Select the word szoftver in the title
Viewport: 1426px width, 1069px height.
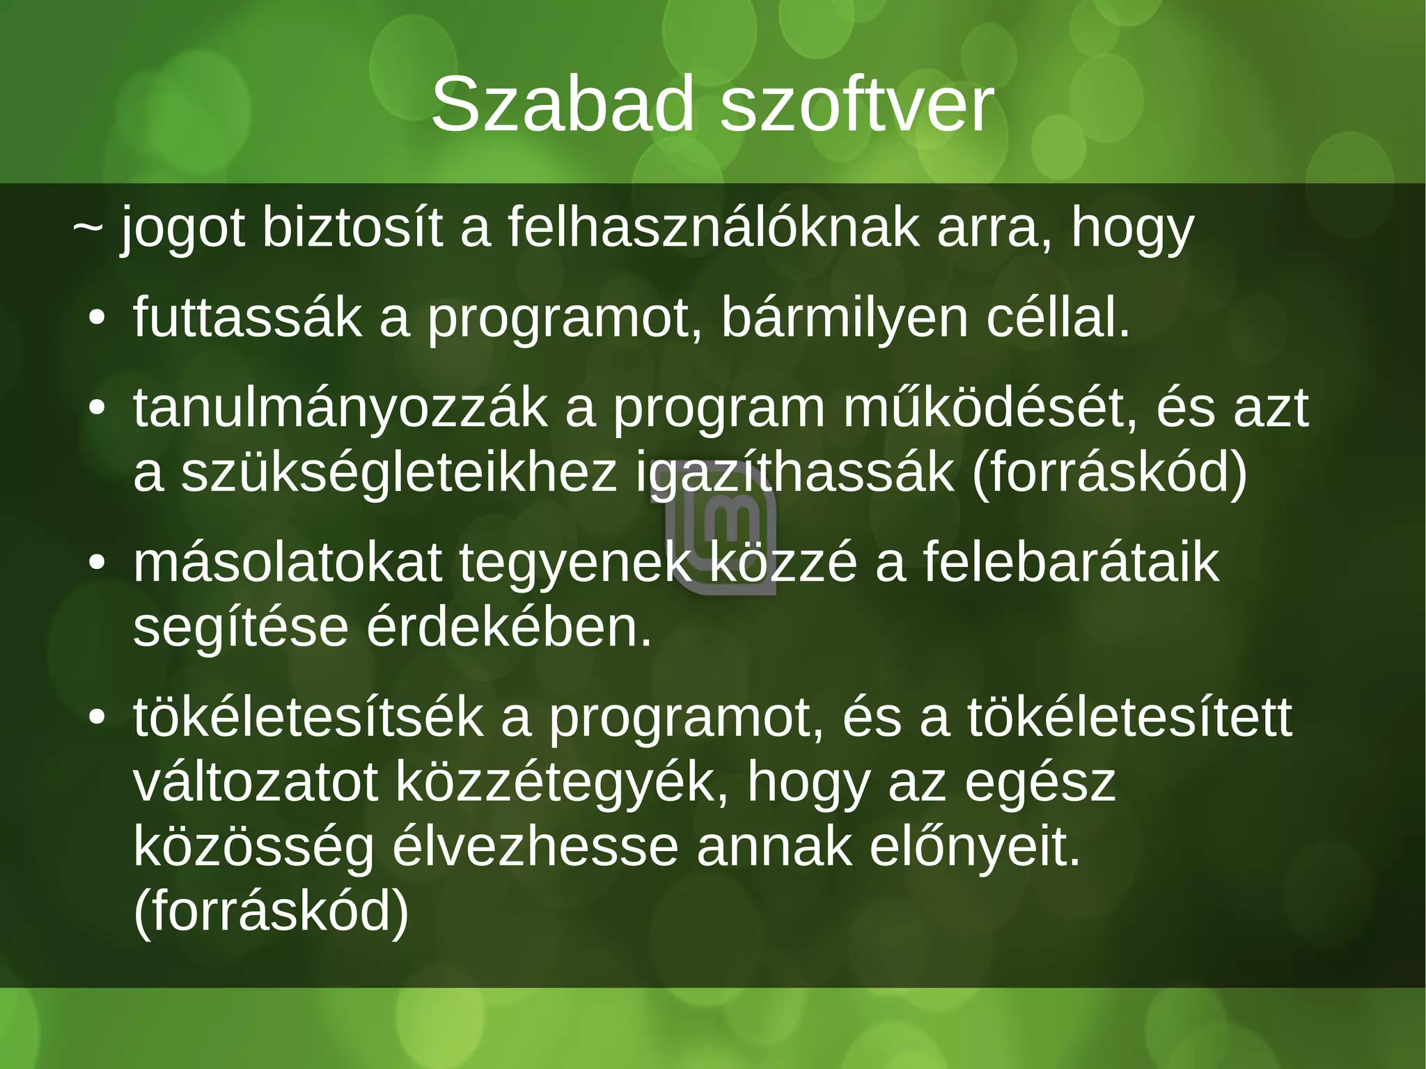coord(856,106)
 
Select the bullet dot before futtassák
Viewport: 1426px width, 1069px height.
coord(97,320)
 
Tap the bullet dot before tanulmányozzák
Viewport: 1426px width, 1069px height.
coord(97,409)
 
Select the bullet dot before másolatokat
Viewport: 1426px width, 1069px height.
coord(97,563)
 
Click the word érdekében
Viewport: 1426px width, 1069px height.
coord(509,629)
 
